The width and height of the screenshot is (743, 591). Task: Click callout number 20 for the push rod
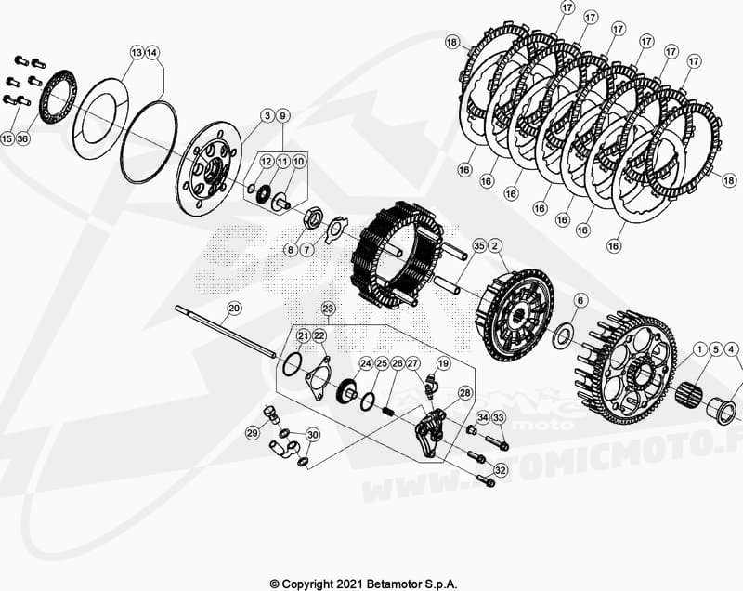coord(234,308)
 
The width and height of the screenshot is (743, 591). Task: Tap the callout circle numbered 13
coord(137,53)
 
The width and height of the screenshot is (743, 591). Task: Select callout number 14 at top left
coord(153,53)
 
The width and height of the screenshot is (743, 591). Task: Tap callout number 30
coord(313,435)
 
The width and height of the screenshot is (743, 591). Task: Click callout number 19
coord(443,363)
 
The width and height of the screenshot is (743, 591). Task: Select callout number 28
coord(463,394)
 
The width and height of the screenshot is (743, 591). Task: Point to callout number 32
coord(500,471)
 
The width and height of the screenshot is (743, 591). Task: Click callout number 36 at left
coord(23,138)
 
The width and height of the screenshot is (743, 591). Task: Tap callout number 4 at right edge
coord(733,349)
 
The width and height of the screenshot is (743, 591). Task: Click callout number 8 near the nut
coord(290,249)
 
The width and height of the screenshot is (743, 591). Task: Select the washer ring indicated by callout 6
coord(563,336)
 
